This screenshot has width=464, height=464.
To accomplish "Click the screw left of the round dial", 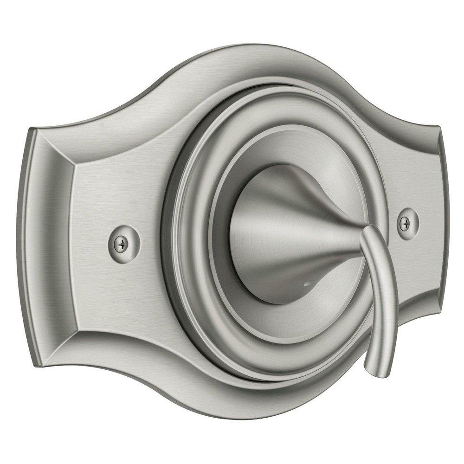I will click(122, 242).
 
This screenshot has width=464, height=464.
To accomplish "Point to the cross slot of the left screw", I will click(122, 242).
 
